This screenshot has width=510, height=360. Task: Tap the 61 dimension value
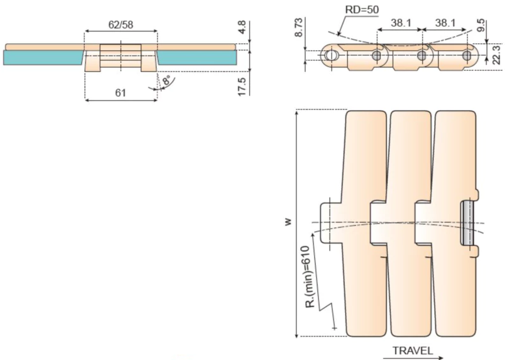click(120, 93)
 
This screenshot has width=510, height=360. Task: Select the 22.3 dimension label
click(498, 57)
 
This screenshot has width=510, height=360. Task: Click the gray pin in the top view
click(467, 224)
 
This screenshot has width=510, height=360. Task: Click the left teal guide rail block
click(43, 57)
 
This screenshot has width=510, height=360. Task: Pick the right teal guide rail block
click(197, 57)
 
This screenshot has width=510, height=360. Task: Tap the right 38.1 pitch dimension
click(444, 23)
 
